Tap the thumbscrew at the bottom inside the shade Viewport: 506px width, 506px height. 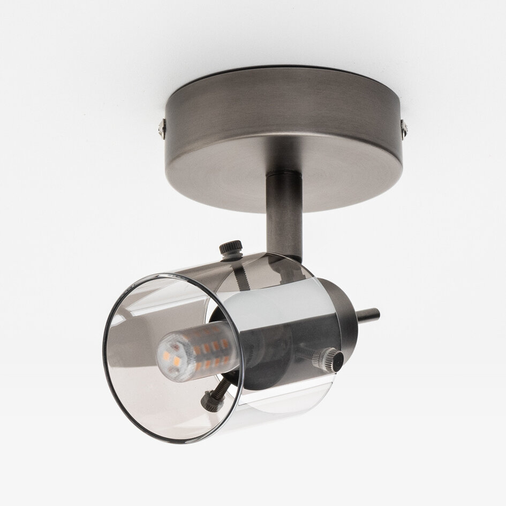pyautogui.click(x=209, y=398)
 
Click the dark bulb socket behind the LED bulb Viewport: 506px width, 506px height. pyautogui.click(x=257, y=348)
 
